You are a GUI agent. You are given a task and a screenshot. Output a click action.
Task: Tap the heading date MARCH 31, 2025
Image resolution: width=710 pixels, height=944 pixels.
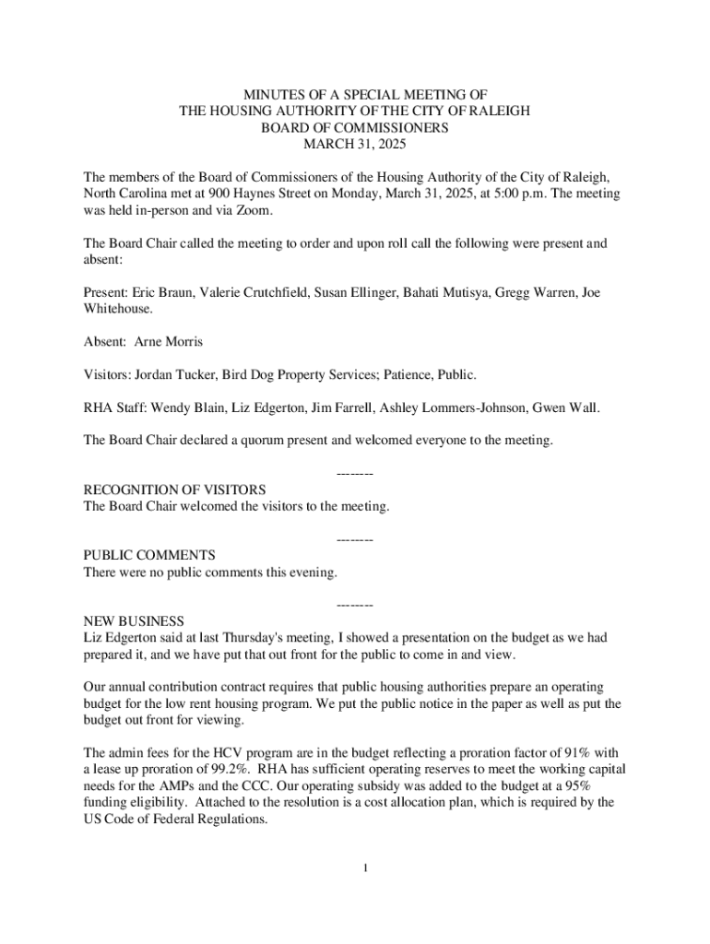coord(355,145)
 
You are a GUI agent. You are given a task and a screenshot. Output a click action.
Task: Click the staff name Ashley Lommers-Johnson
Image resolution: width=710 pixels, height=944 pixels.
coord(456,407)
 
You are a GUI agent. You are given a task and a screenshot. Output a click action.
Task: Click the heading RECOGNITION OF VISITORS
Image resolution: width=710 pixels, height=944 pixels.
coord(174,490)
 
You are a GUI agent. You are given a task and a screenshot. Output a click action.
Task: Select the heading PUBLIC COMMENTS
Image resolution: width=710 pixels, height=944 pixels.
coord(149,555)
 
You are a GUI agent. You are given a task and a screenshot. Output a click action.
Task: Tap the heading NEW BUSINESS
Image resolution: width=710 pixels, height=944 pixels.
coord(134,621)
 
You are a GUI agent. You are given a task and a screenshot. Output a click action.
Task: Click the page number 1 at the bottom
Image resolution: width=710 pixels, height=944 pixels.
coord(366,867)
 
